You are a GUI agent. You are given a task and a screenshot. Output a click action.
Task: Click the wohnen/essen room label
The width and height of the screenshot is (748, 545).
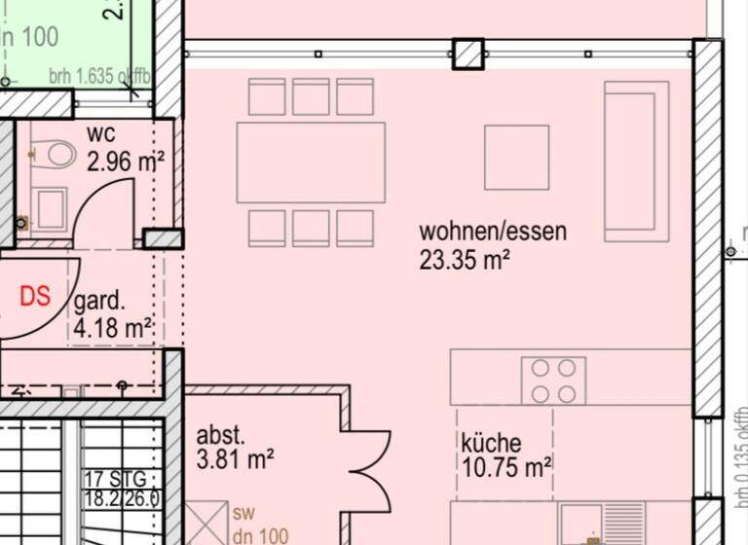(492, 232)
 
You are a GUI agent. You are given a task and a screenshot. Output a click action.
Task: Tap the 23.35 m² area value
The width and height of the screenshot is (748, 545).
(466, 259)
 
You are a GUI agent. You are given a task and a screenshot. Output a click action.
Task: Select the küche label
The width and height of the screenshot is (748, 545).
(491, 443)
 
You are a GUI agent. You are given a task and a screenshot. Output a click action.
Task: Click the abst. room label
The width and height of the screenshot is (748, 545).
(220, 434)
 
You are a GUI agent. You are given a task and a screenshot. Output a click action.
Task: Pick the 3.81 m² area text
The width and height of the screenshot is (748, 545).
(235, 458)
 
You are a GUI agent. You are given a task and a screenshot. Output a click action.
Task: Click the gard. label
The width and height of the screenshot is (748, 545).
(99, 302)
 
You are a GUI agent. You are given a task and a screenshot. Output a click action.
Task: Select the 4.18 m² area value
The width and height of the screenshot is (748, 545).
(113, 328)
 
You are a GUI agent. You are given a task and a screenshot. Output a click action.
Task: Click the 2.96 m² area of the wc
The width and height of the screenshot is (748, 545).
(125, 162)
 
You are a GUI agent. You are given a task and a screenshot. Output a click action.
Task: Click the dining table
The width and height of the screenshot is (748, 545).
(311, 163)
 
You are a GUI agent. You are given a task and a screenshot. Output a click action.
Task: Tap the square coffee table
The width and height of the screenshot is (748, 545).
(516, 158)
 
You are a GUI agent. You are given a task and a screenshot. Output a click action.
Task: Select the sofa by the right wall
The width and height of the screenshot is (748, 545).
(636, 161)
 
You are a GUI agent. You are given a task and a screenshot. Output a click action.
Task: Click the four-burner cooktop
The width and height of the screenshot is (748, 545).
(553, 381)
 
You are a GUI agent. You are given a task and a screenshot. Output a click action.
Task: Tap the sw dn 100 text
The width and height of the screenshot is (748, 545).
(260, 523)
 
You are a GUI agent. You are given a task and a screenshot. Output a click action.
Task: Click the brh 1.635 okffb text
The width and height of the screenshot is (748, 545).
(96, 75)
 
